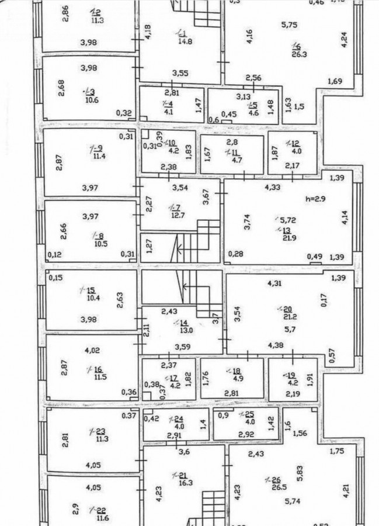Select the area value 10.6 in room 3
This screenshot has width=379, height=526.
[x=92, y=99]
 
